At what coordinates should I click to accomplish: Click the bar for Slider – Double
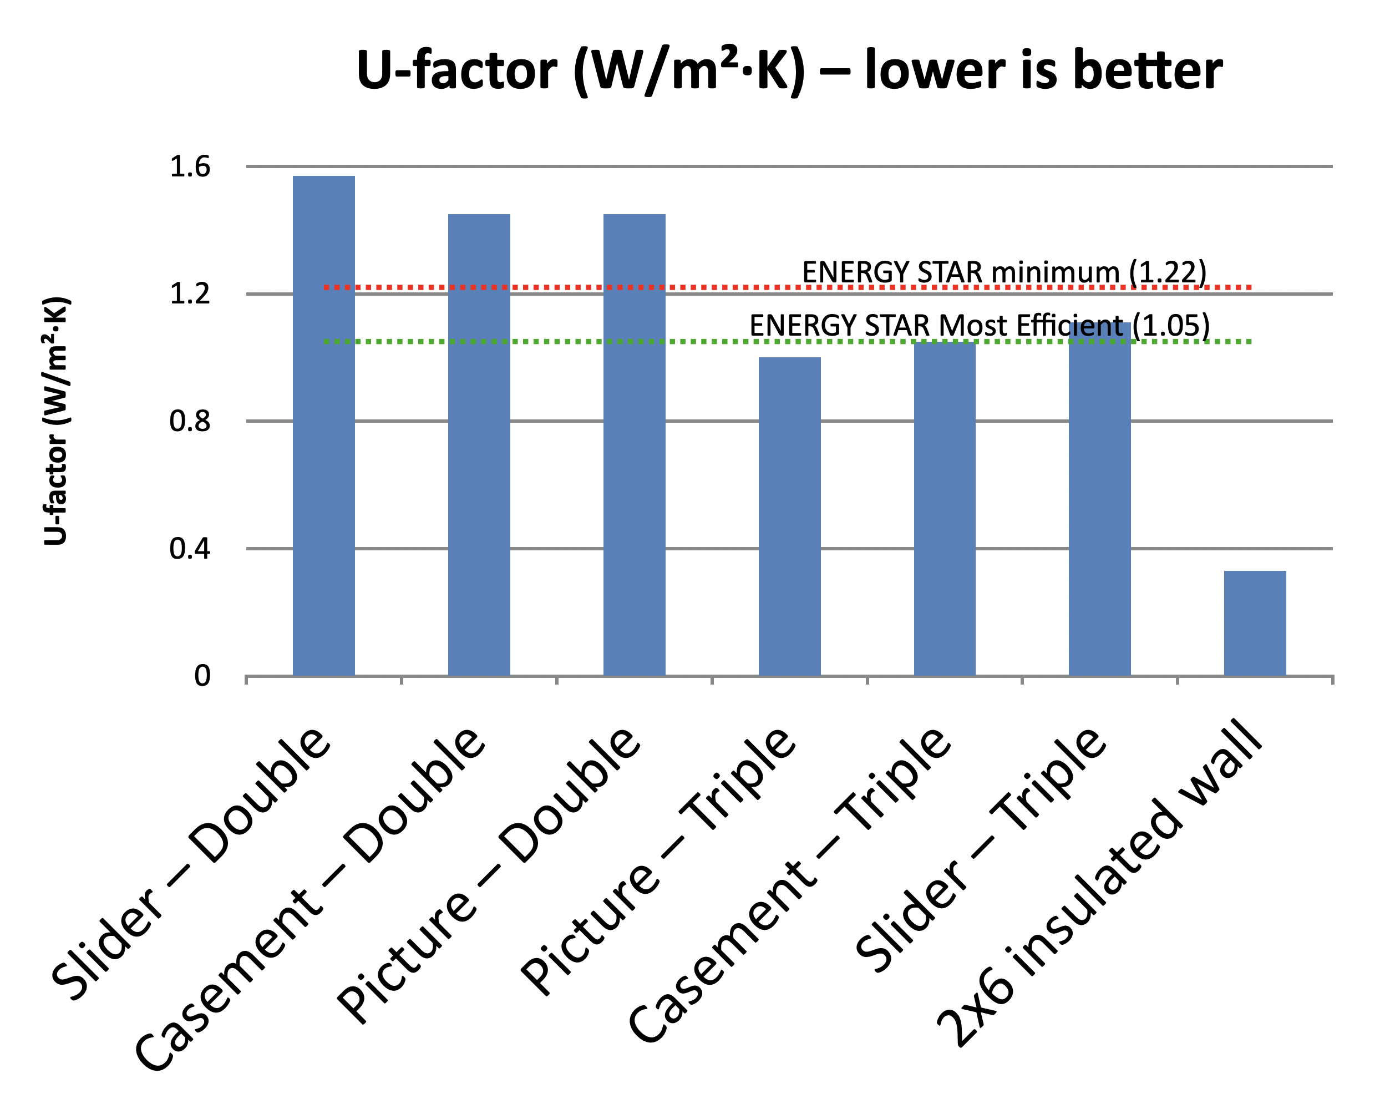(323, 426)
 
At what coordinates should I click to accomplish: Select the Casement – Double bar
(479, 445)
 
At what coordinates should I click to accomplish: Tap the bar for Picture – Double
(635, 445)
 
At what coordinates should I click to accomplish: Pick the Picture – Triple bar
(790, 516)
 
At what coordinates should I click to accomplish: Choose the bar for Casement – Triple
(945, 509)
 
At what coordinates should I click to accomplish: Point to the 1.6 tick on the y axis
(190, 167)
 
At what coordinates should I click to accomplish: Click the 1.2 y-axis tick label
(190, 294)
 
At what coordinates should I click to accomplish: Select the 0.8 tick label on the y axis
(190, 422)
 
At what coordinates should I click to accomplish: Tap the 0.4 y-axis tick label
(190, 549)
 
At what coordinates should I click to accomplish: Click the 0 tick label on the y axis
(202, 676)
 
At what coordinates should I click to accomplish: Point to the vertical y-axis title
(57, 421)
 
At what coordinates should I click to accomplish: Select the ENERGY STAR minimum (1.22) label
(1004, 271)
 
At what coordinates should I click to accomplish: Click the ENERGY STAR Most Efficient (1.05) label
(980, 325)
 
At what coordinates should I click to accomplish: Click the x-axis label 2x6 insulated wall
(1096, 883)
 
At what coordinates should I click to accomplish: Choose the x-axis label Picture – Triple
(658, 864)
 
